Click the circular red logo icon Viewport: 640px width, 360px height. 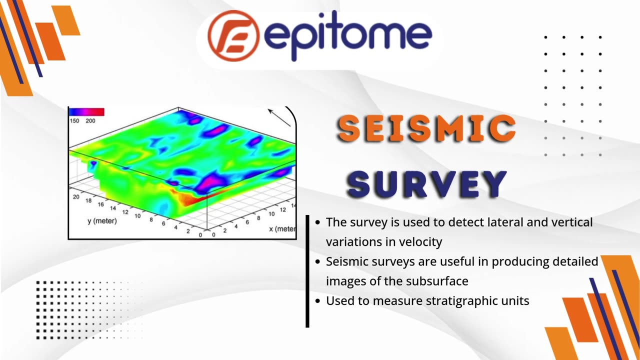233,36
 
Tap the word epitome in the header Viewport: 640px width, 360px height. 347,35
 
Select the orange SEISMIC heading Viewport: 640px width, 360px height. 426,128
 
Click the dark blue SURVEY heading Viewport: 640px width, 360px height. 426,184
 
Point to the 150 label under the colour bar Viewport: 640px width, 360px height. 74,121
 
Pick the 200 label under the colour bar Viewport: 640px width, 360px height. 90,121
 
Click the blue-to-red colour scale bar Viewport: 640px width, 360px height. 86,111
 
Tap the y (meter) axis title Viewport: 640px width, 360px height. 102,221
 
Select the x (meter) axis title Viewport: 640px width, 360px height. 282,229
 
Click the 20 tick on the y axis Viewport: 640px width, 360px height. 76,196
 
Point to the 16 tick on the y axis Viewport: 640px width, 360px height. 100,204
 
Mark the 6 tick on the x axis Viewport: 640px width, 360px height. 247,222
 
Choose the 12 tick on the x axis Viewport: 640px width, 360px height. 283,209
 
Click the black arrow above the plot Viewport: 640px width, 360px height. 279,117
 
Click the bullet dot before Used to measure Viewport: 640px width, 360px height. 317,301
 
